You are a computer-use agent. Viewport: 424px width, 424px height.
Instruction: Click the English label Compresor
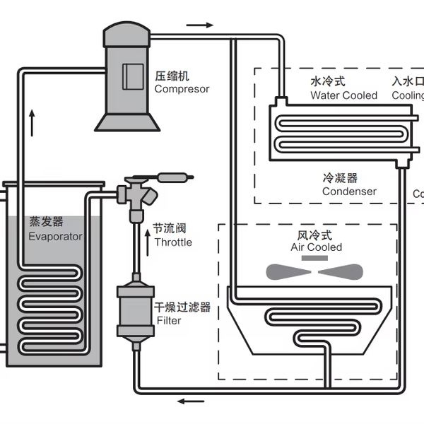(x=182, y=89)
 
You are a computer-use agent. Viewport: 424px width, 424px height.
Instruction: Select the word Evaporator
(x=55, y=237)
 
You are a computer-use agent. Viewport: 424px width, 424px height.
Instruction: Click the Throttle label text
(x=172, y=242)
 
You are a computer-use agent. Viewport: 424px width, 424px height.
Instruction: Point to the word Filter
(x=169, y=321)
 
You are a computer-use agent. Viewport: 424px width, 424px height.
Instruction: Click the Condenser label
(x=349, y=192)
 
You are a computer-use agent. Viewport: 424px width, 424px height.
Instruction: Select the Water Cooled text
(x=343, y=95)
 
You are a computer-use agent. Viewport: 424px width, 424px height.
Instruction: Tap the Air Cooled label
(x=316, y=247)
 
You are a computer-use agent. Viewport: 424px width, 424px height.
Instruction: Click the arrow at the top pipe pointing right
(x=200, y=25)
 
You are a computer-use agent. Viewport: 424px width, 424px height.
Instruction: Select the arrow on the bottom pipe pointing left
(x=190, y=402)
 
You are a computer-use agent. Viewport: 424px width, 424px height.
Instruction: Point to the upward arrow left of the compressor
(x=32, y=122)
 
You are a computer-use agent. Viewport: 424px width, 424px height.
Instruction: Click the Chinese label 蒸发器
(x=47, y=222)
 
